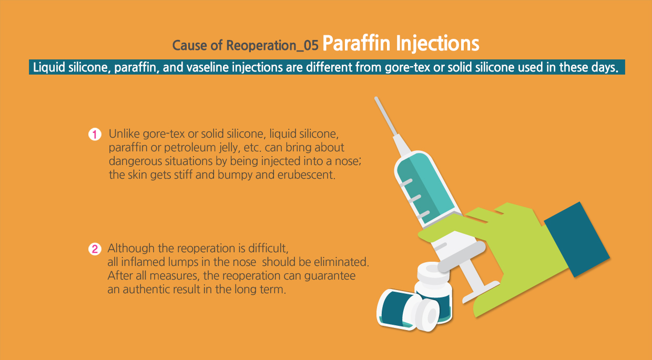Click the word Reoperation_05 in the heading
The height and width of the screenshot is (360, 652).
(x=272, y=46)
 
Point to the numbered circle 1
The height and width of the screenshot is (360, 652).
(x=95, y=134)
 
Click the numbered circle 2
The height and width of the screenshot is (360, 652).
(x=95, y=249)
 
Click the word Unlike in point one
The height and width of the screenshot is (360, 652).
(x=124, y=134)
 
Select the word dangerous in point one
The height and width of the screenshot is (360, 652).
(x=135, y=161)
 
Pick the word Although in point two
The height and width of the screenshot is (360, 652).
(x=131, y=249)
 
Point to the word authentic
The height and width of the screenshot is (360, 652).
(x=148, y=289)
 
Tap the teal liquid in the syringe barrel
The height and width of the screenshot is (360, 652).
(x=425, y=189)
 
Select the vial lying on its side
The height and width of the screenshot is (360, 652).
(x=408, y=310)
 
